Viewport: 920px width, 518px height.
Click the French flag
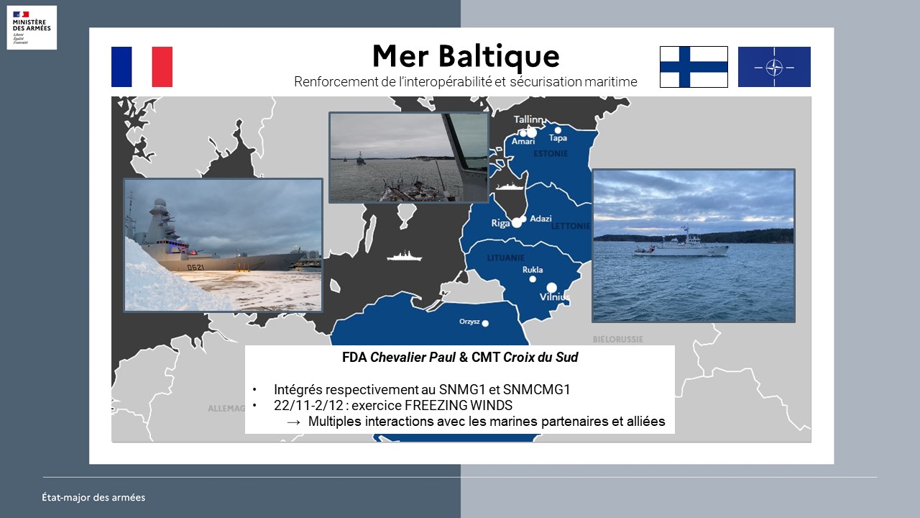142,67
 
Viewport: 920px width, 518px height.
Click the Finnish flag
694,67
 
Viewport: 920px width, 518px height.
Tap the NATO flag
774,67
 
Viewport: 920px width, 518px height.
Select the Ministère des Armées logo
32,27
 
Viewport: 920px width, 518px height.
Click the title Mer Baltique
466,56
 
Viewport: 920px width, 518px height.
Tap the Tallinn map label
529,119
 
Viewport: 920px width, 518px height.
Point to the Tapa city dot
558,130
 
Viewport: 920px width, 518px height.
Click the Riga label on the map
500,223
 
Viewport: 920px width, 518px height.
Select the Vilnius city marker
551,287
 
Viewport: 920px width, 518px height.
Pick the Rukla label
533,270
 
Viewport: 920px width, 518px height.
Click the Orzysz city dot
485,324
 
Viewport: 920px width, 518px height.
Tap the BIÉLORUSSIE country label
617,340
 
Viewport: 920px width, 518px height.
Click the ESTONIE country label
551,154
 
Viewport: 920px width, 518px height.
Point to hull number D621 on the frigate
195,268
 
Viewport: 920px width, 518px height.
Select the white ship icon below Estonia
510,186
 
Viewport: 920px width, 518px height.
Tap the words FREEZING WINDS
459,405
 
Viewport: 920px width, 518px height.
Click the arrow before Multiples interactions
293,422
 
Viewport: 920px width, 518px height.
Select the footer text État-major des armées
93,497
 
